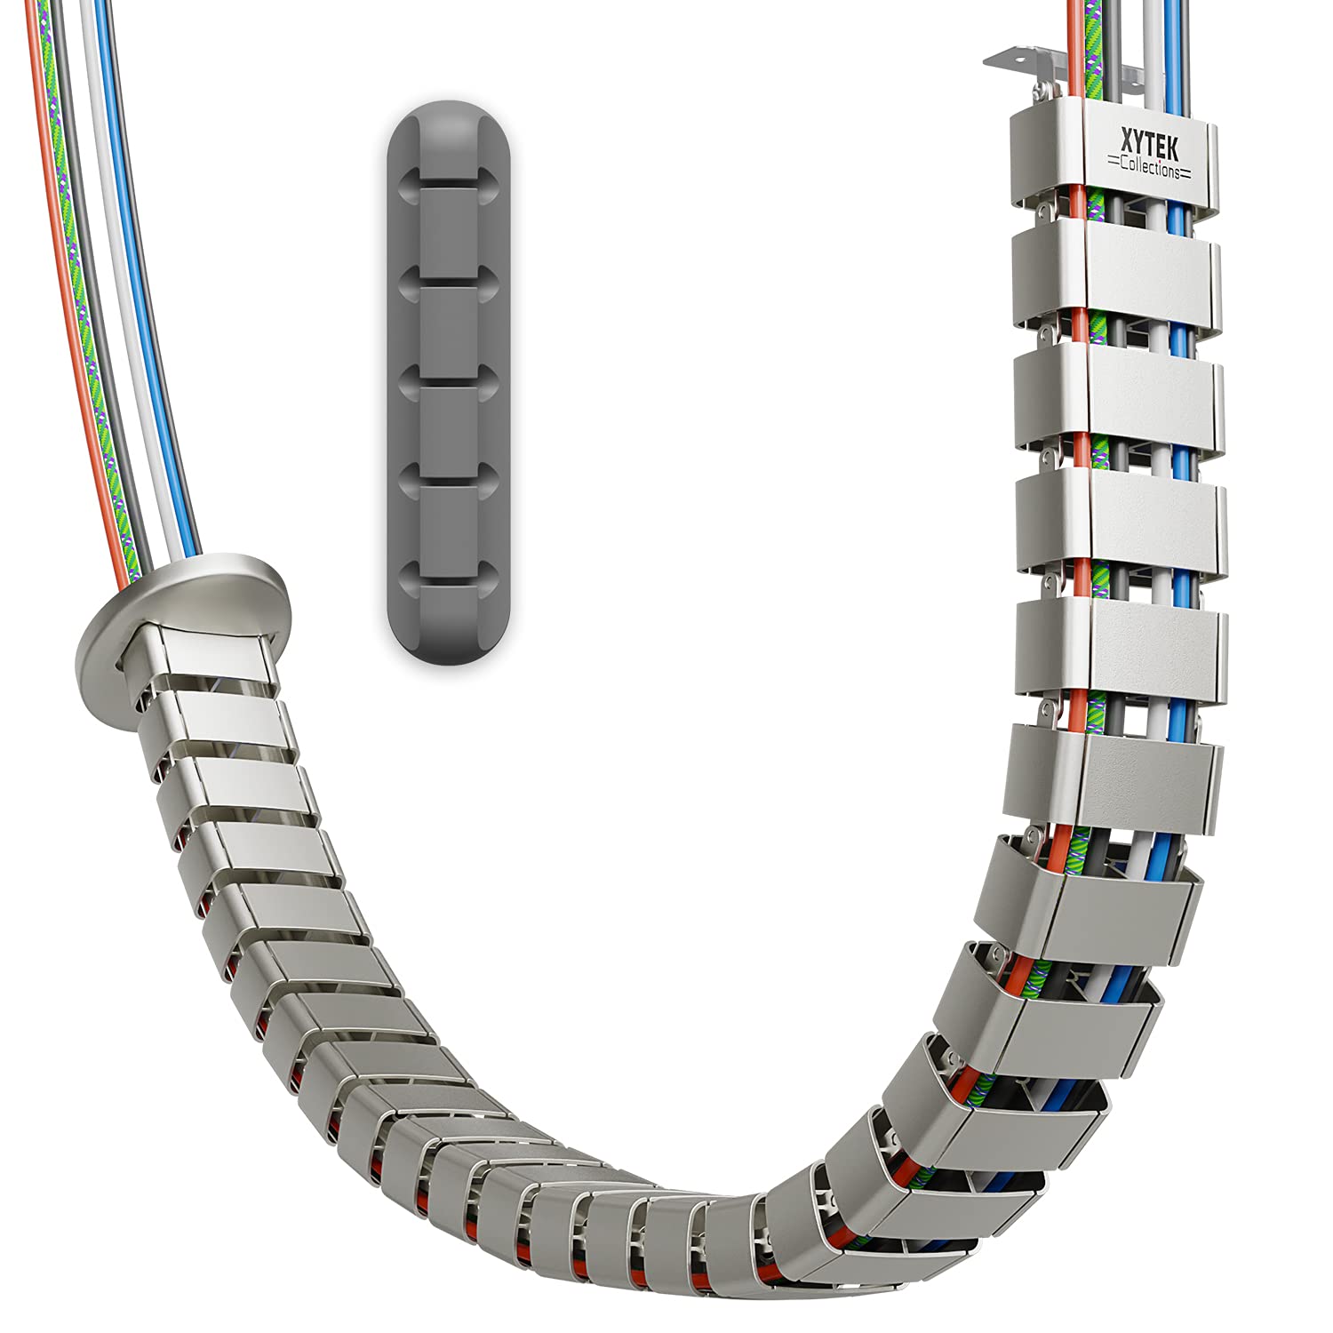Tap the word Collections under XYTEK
[x=1153, y=167]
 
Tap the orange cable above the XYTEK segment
[x=1074, y=53]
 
